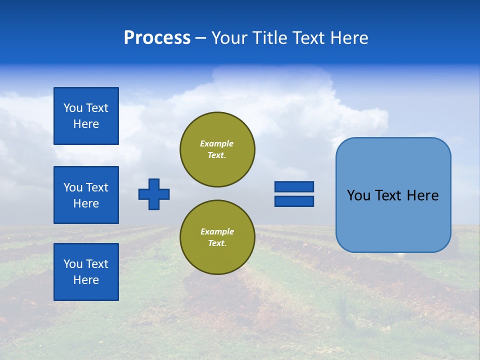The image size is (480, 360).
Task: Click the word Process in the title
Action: click(157, 38)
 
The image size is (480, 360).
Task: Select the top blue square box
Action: click(86, 116)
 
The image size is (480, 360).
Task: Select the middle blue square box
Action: click(86, 195)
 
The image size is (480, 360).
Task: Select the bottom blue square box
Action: click(86, 272)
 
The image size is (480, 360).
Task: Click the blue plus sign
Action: click(154, 194)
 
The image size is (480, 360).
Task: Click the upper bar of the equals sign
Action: click(294, 186)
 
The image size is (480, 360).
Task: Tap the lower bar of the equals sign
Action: click(294, 201)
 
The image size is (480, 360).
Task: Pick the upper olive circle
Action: click(217, 149)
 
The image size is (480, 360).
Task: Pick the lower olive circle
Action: click(217, 237)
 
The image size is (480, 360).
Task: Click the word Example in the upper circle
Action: click(217, 143)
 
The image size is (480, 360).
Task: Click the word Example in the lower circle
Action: click(217, 231)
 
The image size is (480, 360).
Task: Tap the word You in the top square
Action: click(72, 108)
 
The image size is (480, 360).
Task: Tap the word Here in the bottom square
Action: click(86, 280)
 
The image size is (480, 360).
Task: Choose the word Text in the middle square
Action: click(96, 187)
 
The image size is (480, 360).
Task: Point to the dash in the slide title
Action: click(200, 38)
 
